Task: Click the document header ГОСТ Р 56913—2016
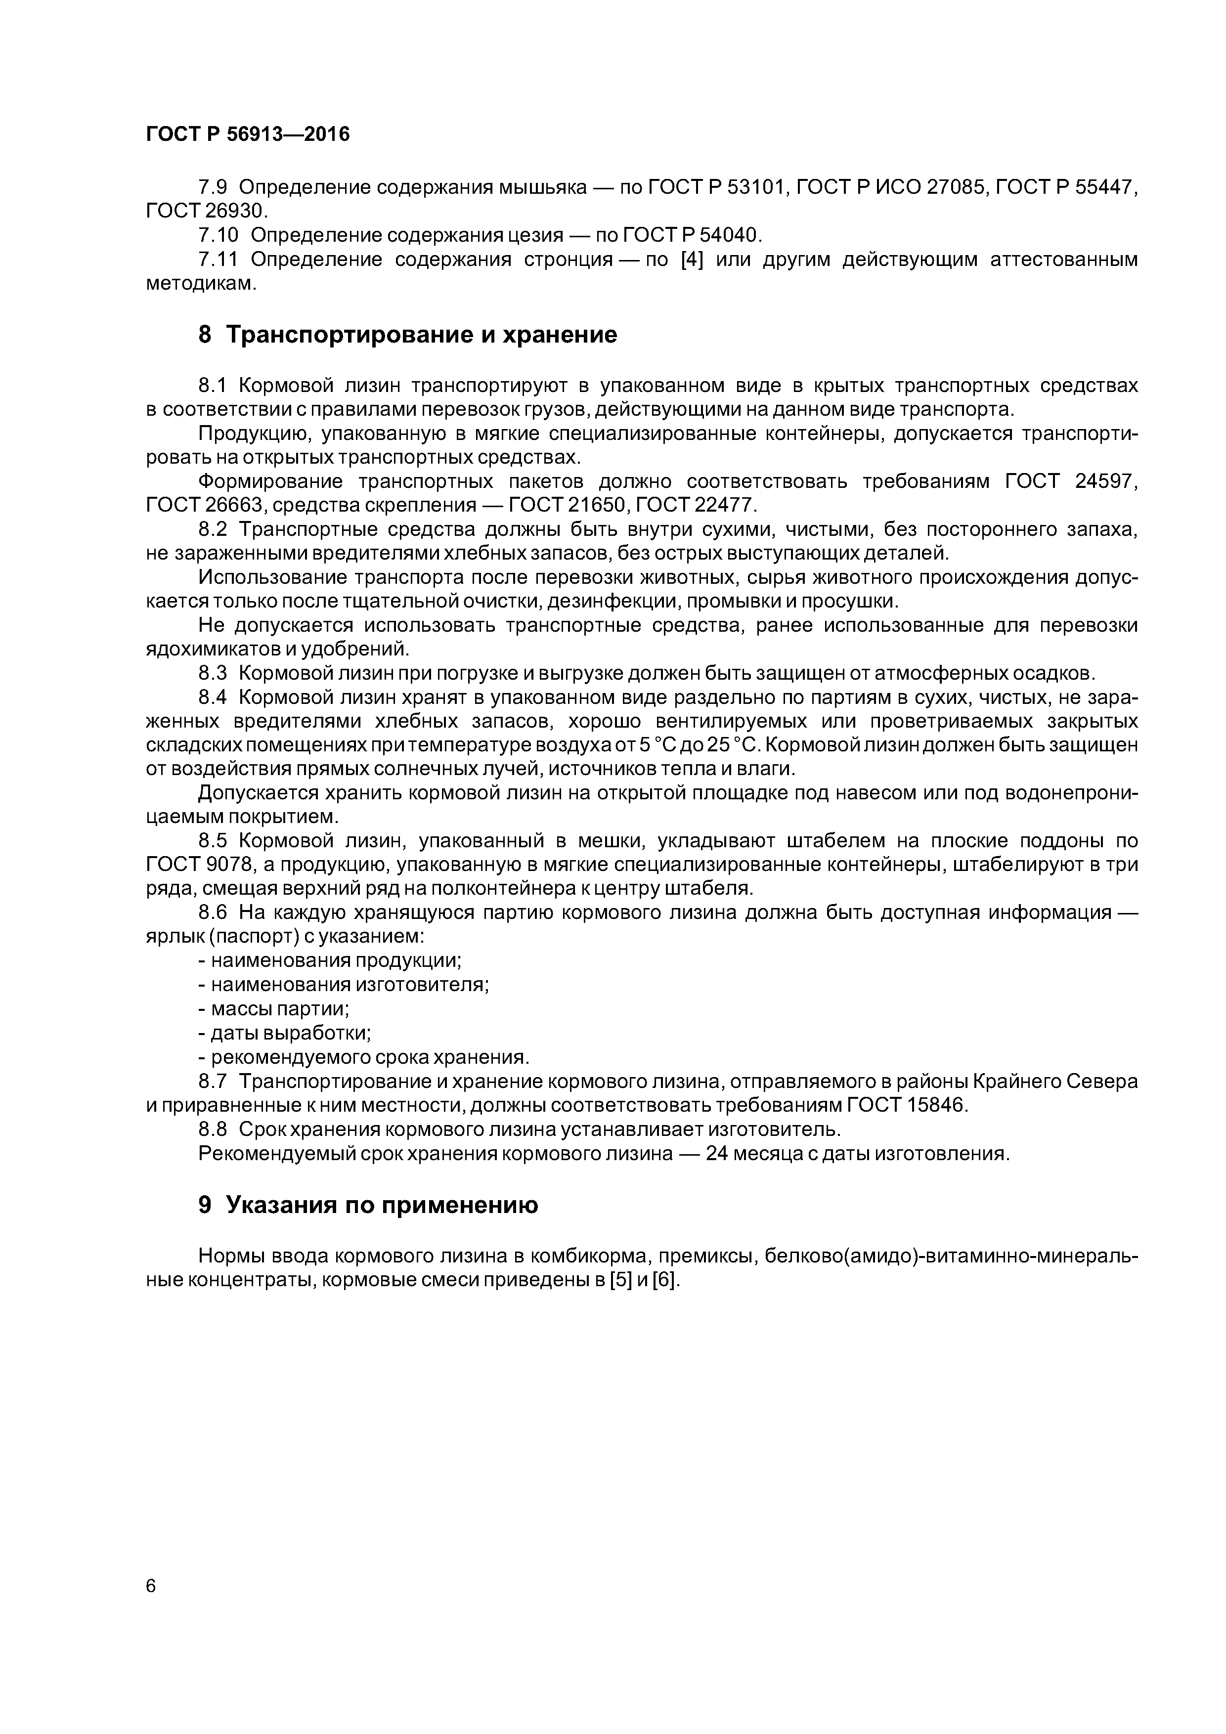pos(248,134)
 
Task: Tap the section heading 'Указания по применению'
pos(382,1205)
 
